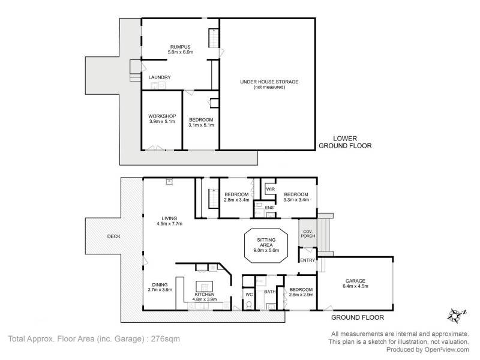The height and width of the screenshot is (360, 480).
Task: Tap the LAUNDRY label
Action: (160, 77)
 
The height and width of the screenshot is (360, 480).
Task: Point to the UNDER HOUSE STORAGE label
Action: (269, 81)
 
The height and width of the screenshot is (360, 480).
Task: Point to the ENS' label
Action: (269, 208)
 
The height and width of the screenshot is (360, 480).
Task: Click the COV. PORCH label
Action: (308, 233)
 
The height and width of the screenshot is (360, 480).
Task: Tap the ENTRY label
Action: (307, 260)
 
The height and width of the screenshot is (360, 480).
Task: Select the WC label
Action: (249, 295)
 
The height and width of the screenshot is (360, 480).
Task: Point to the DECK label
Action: (113, 236)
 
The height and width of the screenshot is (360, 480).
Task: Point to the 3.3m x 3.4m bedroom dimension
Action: (296, 200)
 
